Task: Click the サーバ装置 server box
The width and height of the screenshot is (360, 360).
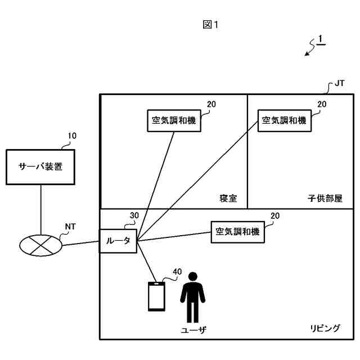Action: click(x=40, y=166)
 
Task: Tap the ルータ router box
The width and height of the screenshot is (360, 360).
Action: click(x=118, y=241)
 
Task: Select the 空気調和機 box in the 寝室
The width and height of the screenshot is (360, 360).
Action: click(x=174, y=120)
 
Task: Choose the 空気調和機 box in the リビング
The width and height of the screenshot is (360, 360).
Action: click(x=237, y=231)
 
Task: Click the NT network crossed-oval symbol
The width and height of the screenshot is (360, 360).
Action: click(x=40, y=245)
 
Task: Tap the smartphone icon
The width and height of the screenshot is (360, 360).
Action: click(x=156, y=296)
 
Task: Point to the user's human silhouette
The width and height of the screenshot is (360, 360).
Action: click(x=192, y=298)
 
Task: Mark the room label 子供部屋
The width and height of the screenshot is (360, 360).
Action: click(x=325, y=198)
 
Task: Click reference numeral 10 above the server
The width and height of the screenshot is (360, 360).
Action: click(x=73, y=136)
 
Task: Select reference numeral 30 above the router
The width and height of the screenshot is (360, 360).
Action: click(x=134, y=215)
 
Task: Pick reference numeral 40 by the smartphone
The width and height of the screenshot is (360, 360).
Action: click(x=177, y=272)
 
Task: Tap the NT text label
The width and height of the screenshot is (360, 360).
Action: click(x=70, y=227)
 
